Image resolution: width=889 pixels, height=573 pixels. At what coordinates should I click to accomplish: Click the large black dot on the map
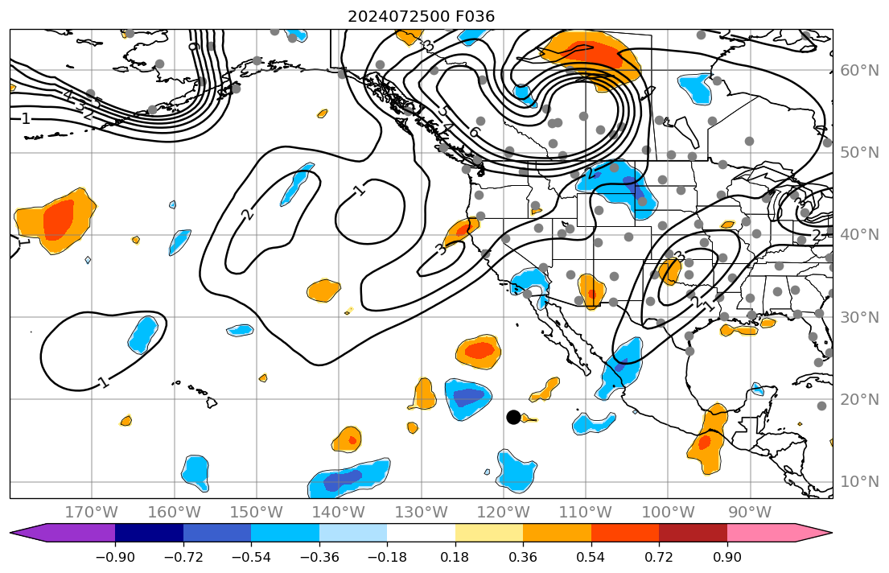click(513, 417)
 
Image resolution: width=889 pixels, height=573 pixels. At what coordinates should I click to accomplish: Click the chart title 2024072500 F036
click(421, 16)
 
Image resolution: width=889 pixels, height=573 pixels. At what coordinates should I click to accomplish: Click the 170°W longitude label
click(92, 512)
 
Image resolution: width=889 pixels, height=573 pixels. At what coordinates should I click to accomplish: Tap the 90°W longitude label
click(750, 512)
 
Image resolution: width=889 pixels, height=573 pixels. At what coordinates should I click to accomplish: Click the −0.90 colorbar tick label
click(115, 558)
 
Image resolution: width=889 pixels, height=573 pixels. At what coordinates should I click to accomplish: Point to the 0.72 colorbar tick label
click(659, 558)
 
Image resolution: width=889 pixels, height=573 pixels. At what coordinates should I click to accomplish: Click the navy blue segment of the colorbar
click(149, 533)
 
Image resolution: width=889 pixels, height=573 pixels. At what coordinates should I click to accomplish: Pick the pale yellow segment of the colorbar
click(488, 533)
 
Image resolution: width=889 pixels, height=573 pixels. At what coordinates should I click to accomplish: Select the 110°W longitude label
click(585, 512)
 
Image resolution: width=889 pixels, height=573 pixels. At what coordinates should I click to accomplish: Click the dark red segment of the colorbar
click(693, 533)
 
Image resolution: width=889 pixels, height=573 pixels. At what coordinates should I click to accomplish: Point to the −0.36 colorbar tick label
click(319, 558)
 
